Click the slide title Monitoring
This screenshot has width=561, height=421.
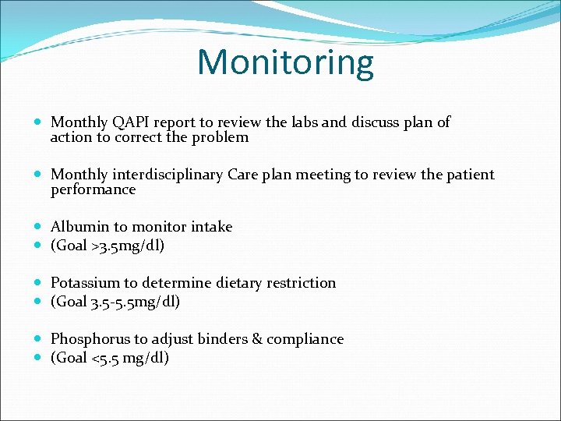click(x=285, y=62)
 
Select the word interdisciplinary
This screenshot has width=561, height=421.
click(x=168, y=175)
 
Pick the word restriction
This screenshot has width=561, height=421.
click(x=300, y=283)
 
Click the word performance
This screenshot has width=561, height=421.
click(x=93, y=189)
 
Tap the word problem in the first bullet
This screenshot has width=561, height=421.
click(x=223, y=137)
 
